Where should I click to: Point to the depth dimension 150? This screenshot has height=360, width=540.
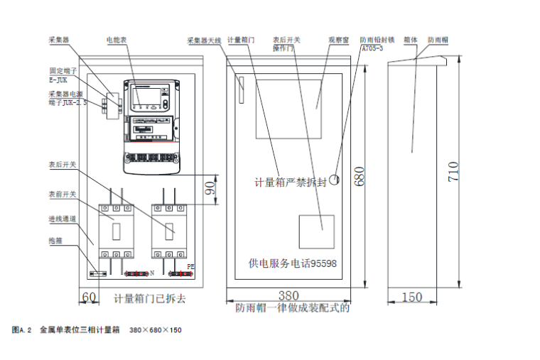411,298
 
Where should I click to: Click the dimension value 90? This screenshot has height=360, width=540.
211,189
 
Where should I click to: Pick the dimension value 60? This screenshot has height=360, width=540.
90,297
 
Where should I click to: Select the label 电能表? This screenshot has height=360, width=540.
117,40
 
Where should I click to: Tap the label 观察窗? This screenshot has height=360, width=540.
338,40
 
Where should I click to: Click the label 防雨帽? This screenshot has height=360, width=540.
437,40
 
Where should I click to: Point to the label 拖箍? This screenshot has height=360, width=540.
55,240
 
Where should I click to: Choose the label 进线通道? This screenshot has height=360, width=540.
62,218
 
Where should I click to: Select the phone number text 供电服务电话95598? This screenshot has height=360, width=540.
292,263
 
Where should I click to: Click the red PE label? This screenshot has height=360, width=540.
190,267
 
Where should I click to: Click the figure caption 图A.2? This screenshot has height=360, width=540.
23,330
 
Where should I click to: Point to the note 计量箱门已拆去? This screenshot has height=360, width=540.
150,299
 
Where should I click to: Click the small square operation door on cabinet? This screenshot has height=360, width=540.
316,231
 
